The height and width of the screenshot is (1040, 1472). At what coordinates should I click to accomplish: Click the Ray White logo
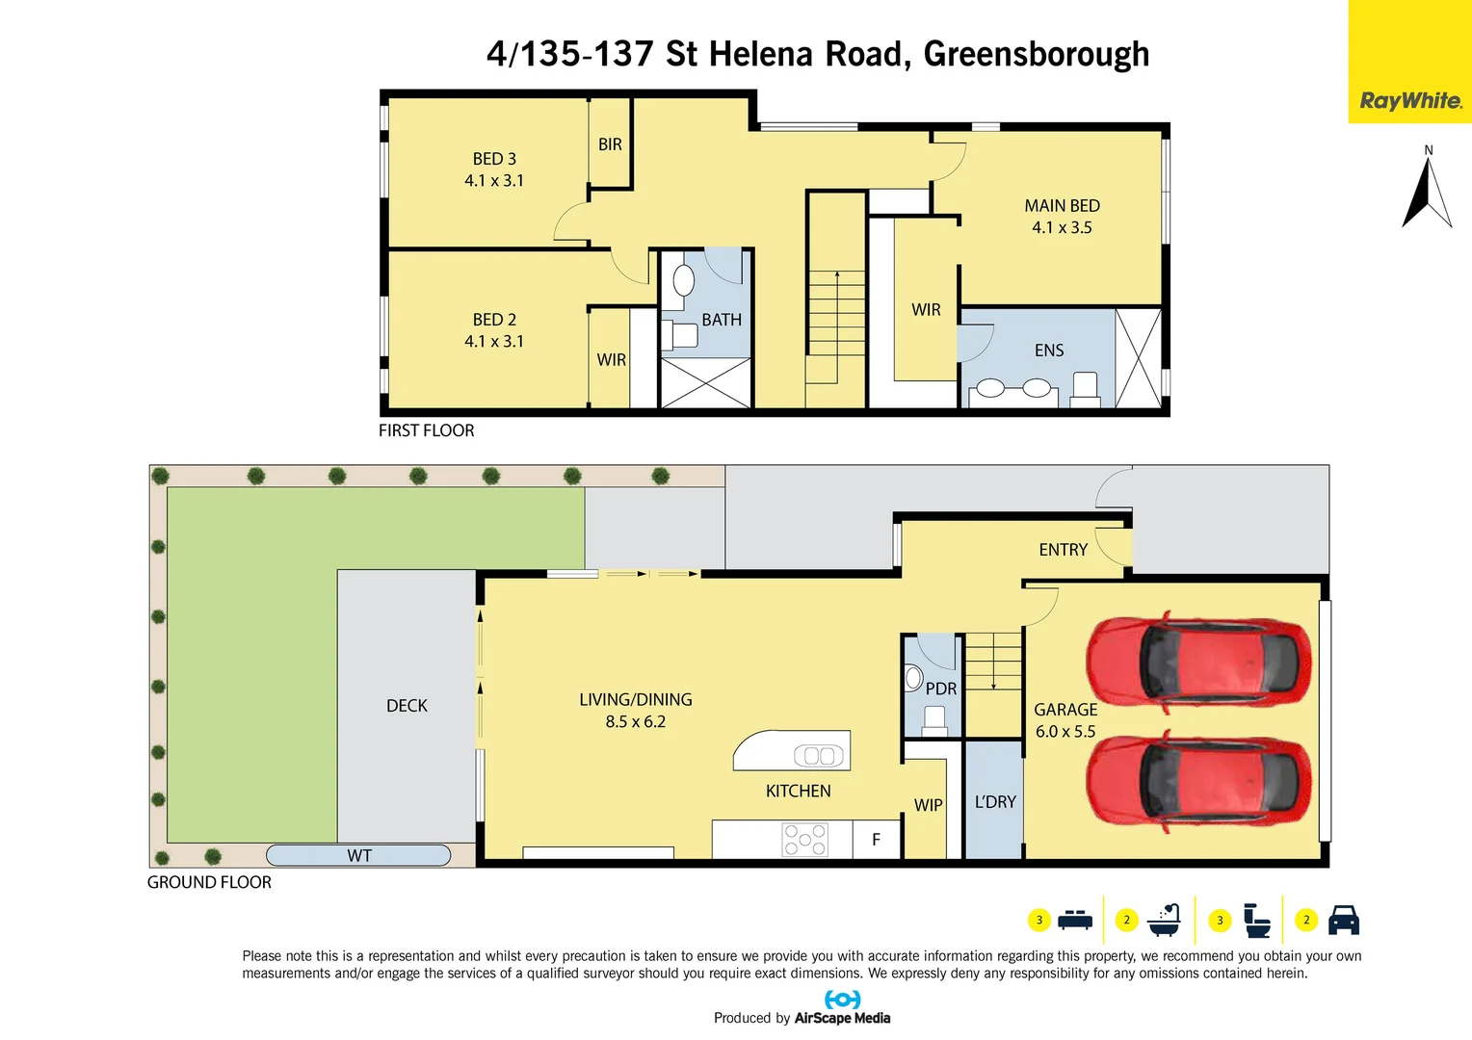[1409, 100]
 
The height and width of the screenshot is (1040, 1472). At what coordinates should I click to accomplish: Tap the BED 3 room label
[494, 159]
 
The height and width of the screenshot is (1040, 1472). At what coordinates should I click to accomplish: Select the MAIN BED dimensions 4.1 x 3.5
[1062, 228]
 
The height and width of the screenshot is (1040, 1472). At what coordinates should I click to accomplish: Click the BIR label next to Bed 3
[610, 144]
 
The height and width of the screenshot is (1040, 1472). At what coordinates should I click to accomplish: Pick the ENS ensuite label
[1049, 351]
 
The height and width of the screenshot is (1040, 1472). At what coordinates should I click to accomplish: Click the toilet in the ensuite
[1085, 388]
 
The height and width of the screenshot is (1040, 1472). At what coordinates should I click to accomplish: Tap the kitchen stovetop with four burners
[804, 840]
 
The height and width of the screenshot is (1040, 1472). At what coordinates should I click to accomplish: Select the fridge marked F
[876, 840]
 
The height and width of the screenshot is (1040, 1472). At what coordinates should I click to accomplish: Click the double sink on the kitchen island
[819, 756]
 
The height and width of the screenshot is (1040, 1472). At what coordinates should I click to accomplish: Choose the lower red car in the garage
[1199, 781]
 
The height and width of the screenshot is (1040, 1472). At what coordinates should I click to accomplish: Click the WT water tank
[358, 855]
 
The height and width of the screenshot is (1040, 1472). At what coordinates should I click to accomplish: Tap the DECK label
[407, 706]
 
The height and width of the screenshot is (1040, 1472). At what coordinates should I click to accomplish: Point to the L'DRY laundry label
[995, 802]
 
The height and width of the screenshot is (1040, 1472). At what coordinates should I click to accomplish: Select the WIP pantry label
[928, 805]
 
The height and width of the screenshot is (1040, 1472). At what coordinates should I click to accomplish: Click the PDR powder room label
[940, 689]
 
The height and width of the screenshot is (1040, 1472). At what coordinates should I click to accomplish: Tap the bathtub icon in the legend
[1164, 921]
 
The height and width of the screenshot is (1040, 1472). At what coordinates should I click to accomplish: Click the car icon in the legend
[1343, 921]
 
